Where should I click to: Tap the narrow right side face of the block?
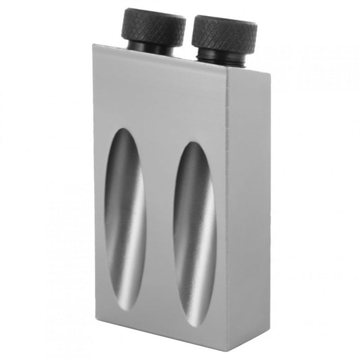click(x=248, y=205)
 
